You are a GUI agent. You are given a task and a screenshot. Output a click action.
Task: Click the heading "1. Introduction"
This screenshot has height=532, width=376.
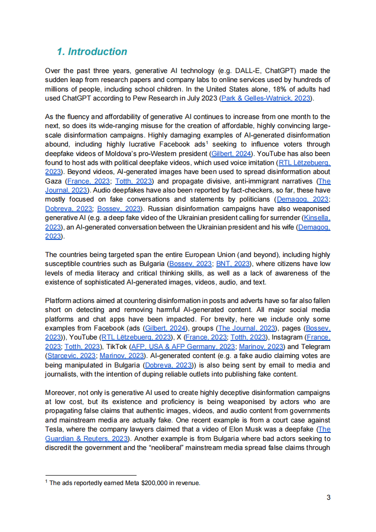pyautogui.click(x=92, y=52)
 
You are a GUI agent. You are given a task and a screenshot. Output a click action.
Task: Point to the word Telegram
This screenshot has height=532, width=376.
pyautogui.click(x=315, y=346)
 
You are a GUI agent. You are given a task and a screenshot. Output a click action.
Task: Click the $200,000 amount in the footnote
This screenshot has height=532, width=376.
pyautogui.click(x=156, y=483)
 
